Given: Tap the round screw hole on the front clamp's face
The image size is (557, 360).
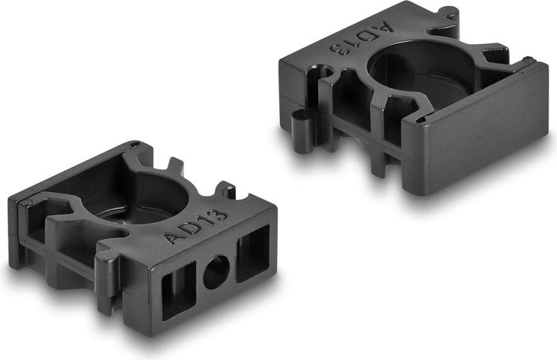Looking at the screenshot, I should click(x=216, y=273).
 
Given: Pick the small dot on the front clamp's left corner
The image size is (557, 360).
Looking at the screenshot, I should click(x=29, y=203).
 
